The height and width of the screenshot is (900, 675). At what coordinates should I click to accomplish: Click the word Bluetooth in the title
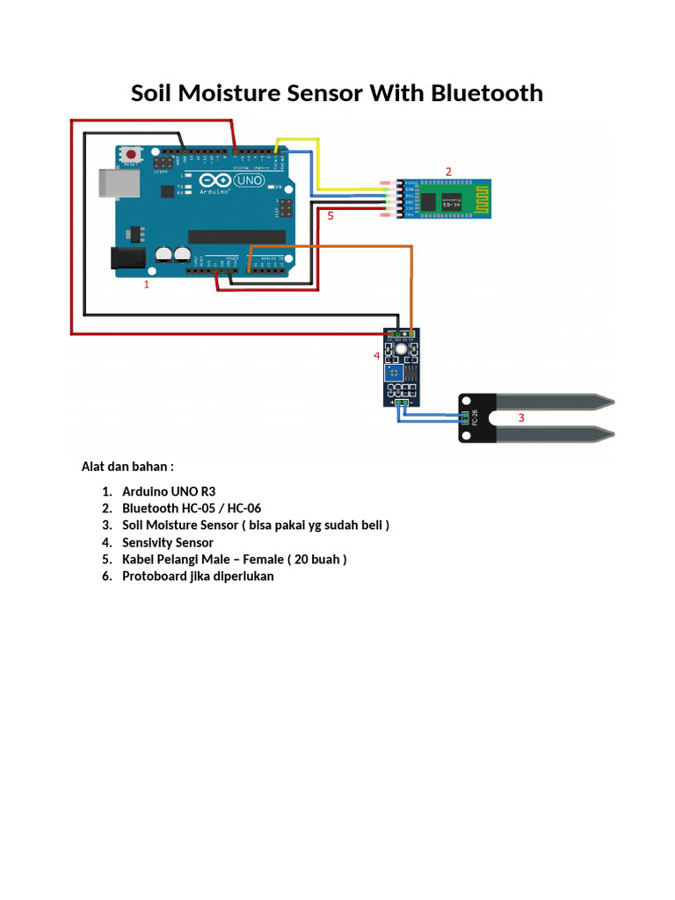tap(487, 93)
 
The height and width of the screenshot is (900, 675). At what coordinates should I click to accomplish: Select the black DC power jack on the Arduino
tap(126, 258)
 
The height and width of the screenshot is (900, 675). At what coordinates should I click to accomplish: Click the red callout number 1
tap(147, 285)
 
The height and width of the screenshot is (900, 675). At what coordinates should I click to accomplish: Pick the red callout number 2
tap(448, 171)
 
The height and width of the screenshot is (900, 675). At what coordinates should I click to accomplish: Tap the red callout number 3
tap(520, 418)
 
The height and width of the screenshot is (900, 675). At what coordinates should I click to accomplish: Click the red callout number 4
tap(376, 356)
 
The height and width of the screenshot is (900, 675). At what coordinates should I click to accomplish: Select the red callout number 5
tap(330, 214)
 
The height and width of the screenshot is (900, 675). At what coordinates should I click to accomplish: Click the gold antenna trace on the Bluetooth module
tap(484, 197)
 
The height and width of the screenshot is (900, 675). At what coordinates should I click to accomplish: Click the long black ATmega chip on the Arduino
tap(236, 236)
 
